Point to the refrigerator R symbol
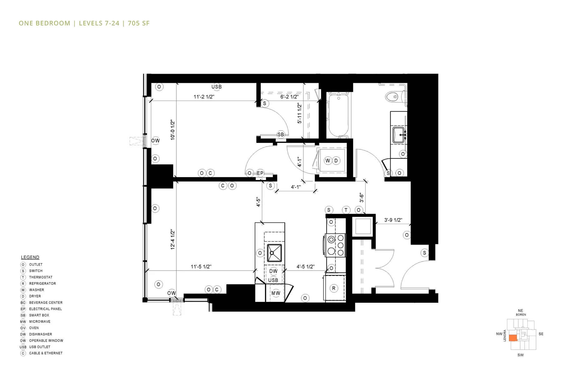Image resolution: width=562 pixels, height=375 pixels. click(x=334, y=288)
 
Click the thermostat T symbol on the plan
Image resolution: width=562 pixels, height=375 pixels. click(x=346, y=210)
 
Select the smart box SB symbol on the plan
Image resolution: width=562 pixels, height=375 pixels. click(x=281, y=134)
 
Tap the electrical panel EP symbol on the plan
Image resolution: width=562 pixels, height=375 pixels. click(x=260, y=173)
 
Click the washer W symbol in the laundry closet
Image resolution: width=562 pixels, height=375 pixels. click(x=328, y=161)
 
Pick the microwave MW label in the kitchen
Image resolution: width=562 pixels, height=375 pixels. click(x=276, y=293)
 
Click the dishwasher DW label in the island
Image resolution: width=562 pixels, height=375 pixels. click(x=273, y=271)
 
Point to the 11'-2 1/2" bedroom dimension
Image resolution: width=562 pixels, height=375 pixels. click(x=204, y=97)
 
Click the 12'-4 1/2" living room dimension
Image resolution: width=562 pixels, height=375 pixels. click(x=173, y=239)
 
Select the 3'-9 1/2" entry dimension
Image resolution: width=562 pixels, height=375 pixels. click(x=393, y=220)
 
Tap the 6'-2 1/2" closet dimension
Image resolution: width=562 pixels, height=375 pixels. click(x=289, y=97)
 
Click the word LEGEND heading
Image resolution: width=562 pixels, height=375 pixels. click(x=30, y=257)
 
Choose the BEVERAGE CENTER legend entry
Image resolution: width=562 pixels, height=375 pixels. click(x=46, y=302)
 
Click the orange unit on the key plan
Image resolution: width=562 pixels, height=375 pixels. click(x=513, y=338)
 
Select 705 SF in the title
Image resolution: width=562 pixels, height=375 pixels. click(x=139, y=23)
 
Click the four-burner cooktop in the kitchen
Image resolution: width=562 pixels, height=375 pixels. click(x=336, y=245)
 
